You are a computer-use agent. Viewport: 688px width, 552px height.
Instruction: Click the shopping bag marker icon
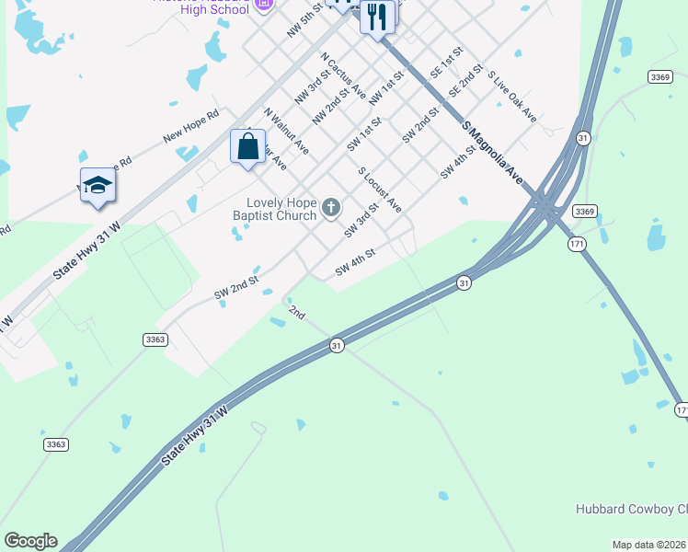click(247, 146)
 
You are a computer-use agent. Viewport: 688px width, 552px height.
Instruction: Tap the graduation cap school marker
click(97, 186)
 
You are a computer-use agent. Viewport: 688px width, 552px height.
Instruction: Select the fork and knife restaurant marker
click(377, 17)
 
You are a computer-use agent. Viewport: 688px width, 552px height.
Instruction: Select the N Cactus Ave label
click(344, 75)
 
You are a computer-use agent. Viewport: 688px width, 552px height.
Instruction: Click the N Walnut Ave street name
click(287, 132)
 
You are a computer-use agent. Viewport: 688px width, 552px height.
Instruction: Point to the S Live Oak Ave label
click(512, 97)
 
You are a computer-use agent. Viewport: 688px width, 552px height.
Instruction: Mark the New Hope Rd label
click(191, 126)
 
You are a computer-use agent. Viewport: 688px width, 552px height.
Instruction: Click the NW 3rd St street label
click(313, 86)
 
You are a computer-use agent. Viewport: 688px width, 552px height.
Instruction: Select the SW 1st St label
click(364, 134)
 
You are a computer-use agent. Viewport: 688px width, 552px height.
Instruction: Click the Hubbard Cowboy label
click(631, 509)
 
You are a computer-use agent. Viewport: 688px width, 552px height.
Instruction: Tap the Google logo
click(30, 541)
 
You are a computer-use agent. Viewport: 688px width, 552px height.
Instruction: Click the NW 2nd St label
click(331, 106)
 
